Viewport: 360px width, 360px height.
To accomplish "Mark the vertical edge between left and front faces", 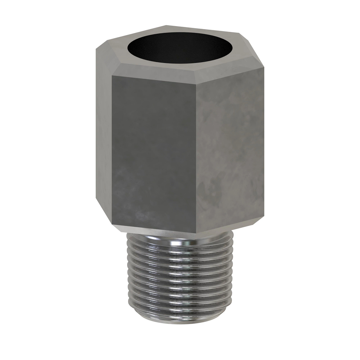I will [x=112, y=150].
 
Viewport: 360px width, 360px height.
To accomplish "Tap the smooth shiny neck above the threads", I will [x=180, y=237].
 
